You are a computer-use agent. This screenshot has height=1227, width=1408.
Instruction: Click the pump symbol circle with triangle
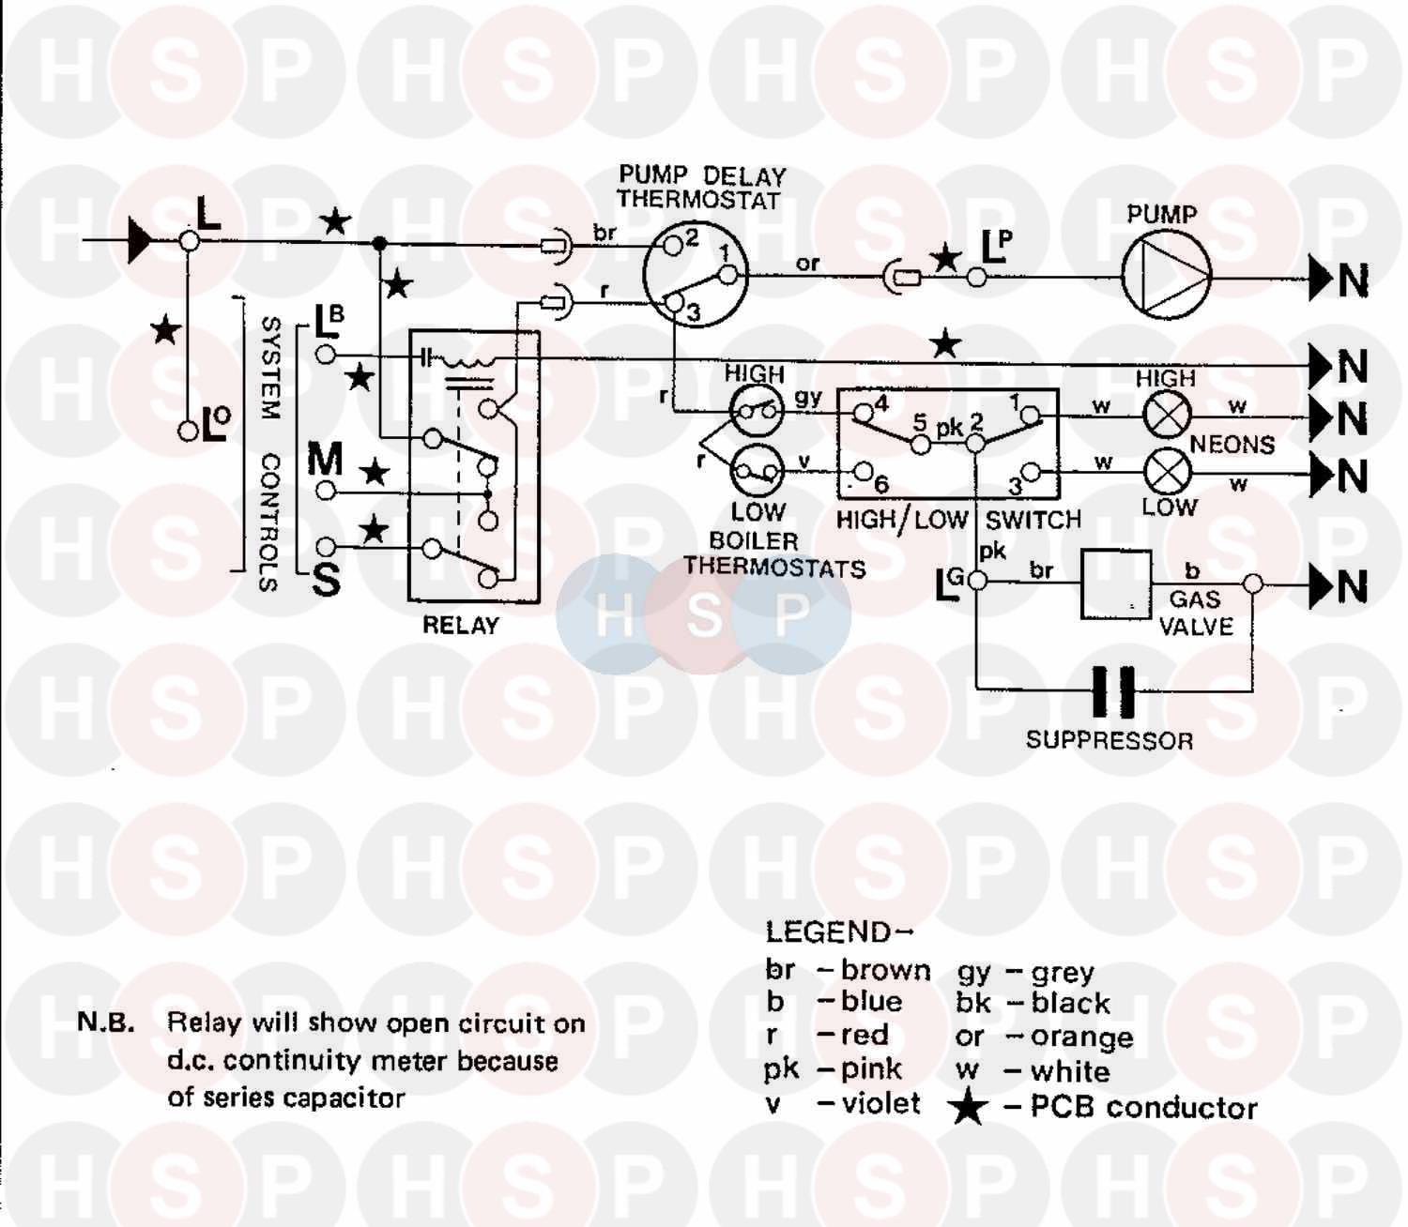click(1167, 276)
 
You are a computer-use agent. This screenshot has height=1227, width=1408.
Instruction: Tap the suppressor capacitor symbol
click(1114, 691)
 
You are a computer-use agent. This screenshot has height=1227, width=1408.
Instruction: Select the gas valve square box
click(1116, 584)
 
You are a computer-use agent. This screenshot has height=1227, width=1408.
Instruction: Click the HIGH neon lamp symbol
click(1166, 414)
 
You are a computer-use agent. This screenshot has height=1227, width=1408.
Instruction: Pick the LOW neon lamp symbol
click(1167, 471)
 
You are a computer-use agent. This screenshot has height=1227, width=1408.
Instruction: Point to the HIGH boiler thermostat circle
click(757, 411)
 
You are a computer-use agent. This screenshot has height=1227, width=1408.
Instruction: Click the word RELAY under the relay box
click(460, 626)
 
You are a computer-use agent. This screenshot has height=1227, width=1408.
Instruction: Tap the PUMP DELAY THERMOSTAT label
click(700, 188)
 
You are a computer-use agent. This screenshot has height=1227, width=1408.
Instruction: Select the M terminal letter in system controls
click(325, 459)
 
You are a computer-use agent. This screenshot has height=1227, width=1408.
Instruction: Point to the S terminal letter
click(326, 581)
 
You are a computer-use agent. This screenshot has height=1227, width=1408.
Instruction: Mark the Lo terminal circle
click(189, 431)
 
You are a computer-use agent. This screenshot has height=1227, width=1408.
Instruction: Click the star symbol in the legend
click(968, 1108)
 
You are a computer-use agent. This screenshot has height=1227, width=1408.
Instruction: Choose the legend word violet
click(880, 1103)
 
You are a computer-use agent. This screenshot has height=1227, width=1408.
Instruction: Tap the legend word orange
click(1081, 1037)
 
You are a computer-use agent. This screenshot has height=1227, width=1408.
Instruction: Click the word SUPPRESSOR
click(1109, 741)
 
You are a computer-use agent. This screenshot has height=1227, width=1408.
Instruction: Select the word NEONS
click(1232, 444)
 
